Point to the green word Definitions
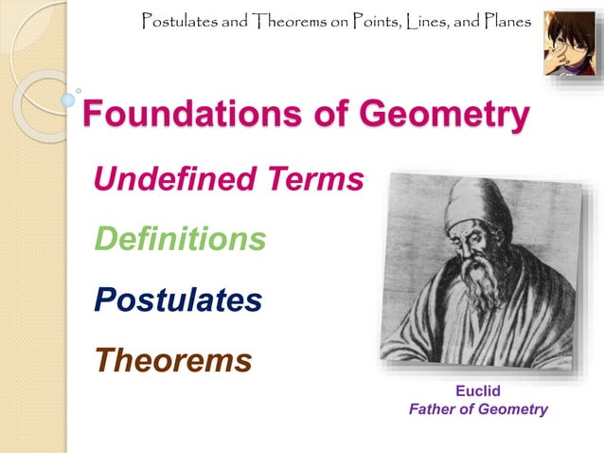tap(180, 239)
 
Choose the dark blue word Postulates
tap(178, 299)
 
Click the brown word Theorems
tap(173, 360)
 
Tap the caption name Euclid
tap(477, 390)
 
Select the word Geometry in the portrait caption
tap(512, 409)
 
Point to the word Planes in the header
tap(505, 21)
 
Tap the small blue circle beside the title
tap(68, 98)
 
